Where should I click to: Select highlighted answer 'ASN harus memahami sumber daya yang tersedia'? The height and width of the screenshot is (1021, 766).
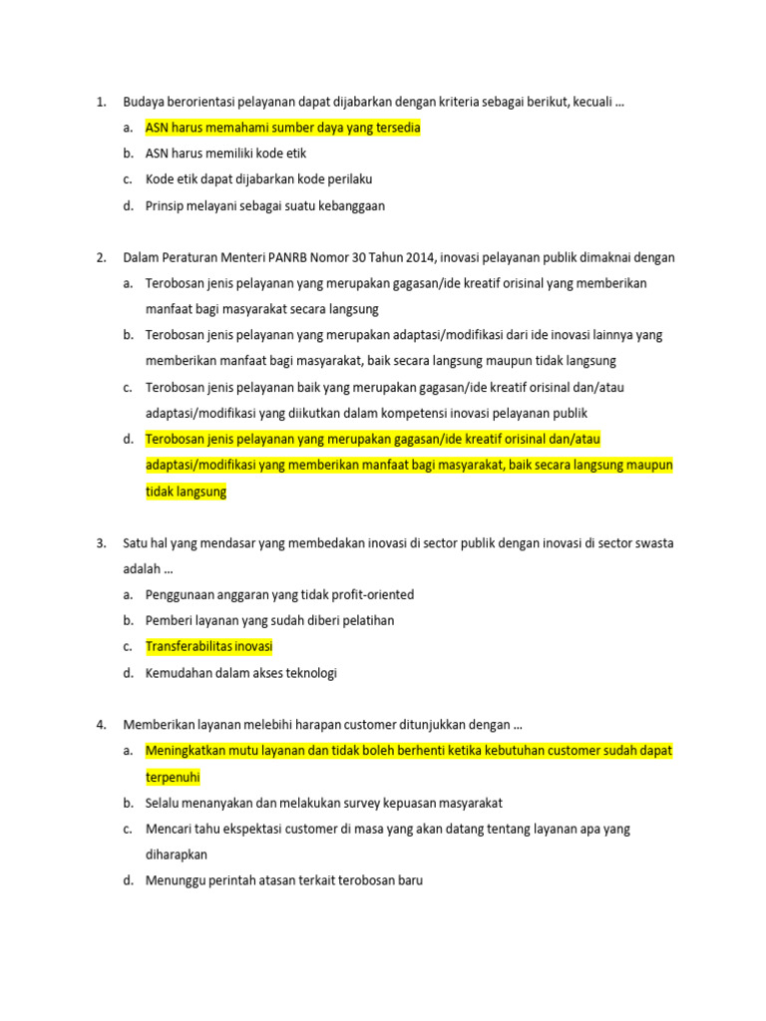(x=282, y=128)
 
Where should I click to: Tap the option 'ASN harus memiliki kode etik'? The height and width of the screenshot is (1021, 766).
(x=225, y=154)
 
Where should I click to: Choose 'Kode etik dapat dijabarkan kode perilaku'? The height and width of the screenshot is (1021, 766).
(x=258, y=179)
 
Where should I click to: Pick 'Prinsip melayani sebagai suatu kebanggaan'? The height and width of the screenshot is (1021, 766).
(x=264, y=205)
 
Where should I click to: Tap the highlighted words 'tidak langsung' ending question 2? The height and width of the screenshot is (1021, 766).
(x=187, y=492)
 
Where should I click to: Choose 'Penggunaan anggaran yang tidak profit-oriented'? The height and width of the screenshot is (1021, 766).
(x=279, y=595)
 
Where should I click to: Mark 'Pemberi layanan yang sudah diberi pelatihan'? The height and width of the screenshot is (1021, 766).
(x=269, y=620)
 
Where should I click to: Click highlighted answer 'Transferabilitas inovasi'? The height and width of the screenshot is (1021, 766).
(x=208, y=647)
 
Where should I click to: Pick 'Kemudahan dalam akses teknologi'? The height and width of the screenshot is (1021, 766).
(x=241, y=673)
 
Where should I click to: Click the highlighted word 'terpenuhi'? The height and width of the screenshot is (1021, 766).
(x=174, y=776)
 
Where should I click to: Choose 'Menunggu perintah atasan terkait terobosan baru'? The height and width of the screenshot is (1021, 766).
(x=283, y=880)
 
